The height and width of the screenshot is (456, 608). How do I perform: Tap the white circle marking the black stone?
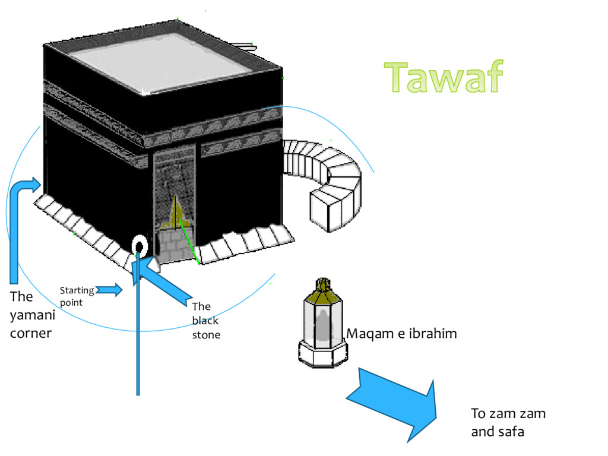(x=139, y=245)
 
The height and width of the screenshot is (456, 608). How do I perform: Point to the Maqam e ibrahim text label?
(x=401, y=334)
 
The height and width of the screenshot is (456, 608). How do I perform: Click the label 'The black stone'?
(x=205, y=321)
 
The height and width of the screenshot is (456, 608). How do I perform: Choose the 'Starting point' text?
(x=77, y=296)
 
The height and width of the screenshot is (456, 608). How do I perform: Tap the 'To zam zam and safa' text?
(x=508, y=422)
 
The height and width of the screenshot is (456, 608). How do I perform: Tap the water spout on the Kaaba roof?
(x=242, y=45)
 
